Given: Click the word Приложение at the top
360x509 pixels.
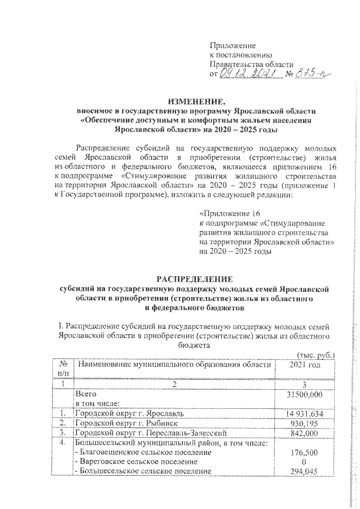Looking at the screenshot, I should point(232,45).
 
